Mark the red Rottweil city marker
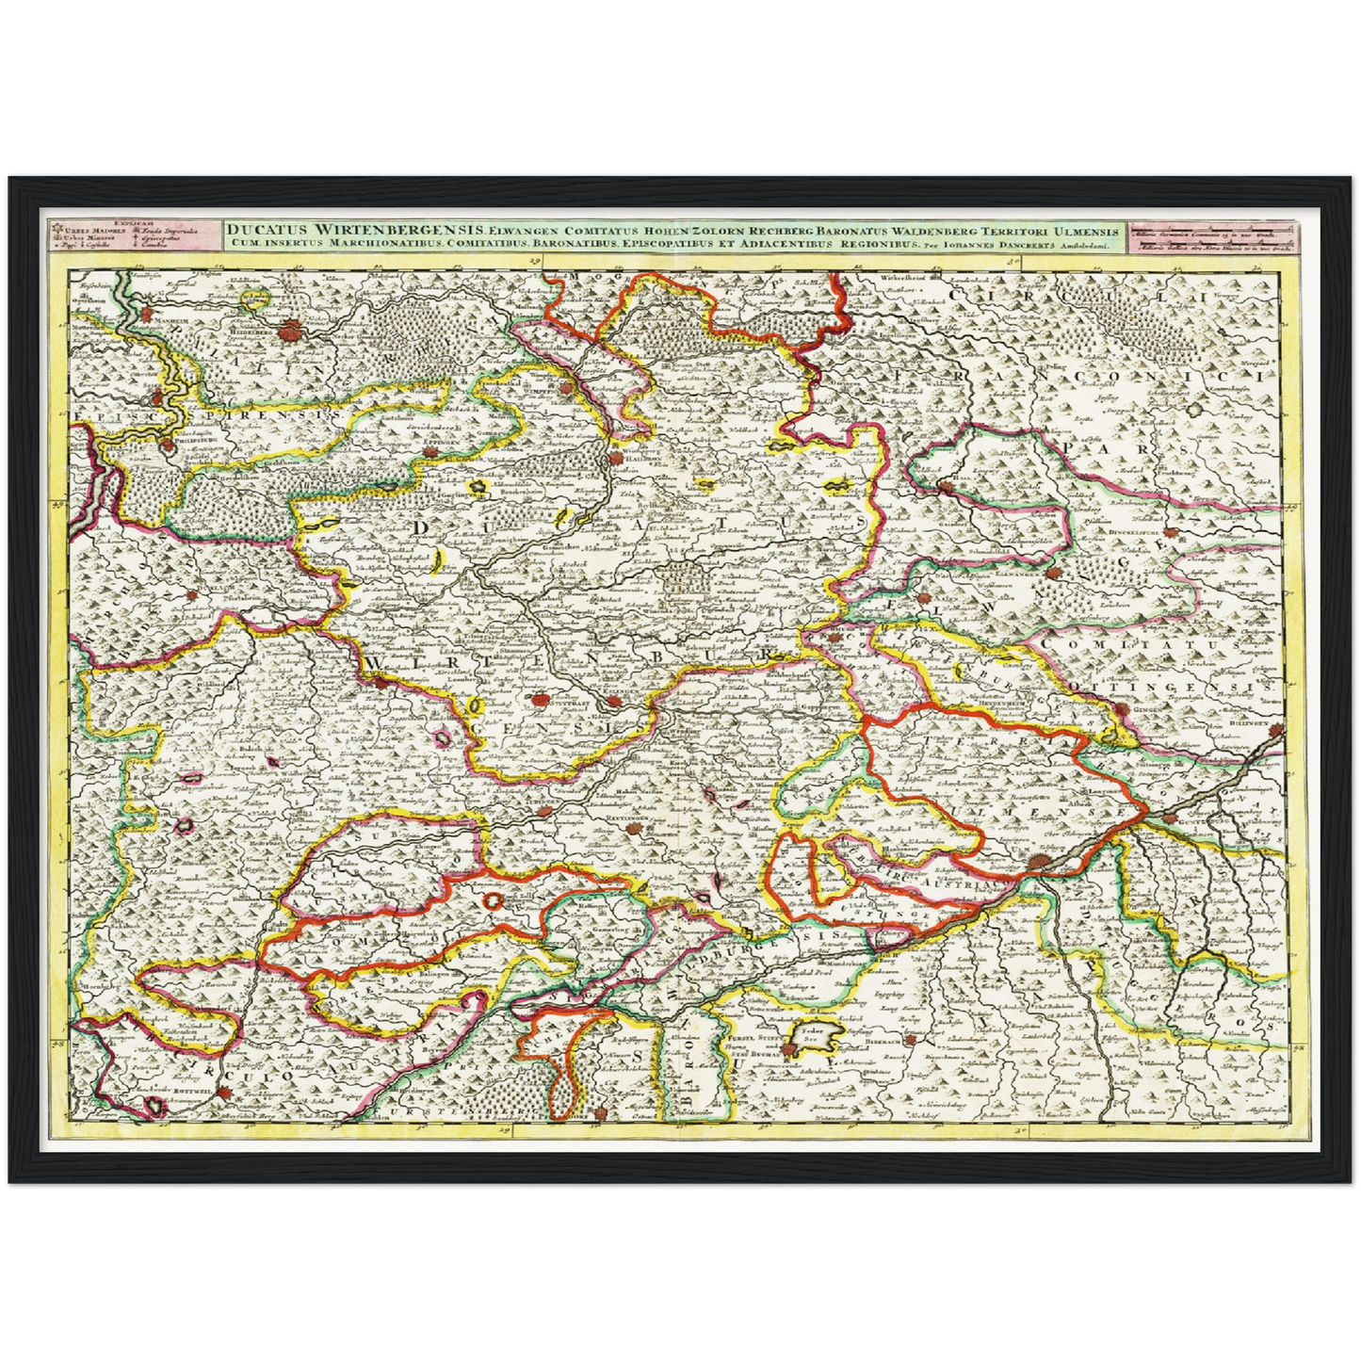point(226,1093)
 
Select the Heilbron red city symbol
point(617,459)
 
